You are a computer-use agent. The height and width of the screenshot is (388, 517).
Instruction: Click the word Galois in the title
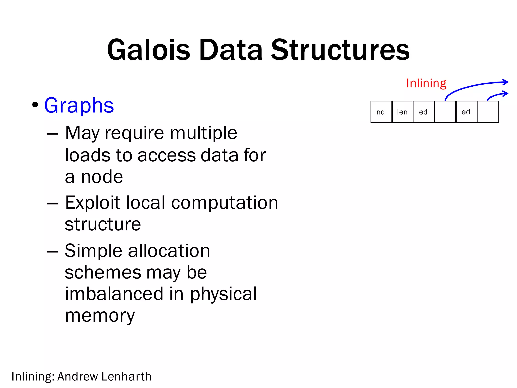148,50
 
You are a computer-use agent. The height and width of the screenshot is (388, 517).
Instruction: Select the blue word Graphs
79,105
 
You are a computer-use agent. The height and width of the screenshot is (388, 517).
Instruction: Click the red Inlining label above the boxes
426,83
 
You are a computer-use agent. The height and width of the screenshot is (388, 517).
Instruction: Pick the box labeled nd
381,112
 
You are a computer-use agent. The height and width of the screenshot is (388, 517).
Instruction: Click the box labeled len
402,112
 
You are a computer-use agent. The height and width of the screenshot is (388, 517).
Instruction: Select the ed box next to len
424,112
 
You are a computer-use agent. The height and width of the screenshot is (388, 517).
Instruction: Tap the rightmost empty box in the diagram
488,112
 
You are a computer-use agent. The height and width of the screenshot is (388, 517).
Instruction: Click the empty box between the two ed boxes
445,112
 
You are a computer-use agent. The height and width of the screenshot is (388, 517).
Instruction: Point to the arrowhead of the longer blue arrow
506,82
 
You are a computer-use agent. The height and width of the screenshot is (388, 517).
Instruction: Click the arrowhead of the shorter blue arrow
506,94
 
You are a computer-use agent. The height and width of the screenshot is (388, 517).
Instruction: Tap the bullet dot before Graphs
35,105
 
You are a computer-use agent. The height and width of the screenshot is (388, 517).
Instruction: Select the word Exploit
93,203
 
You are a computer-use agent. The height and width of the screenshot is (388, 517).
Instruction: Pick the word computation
225,203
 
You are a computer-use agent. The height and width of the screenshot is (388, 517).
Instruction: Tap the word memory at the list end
100,316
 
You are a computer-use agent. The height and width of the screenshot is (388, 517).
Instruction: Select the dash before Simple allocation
53,252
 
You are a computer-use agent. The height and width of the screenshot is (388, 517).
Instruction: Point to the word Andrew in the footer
77,376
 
